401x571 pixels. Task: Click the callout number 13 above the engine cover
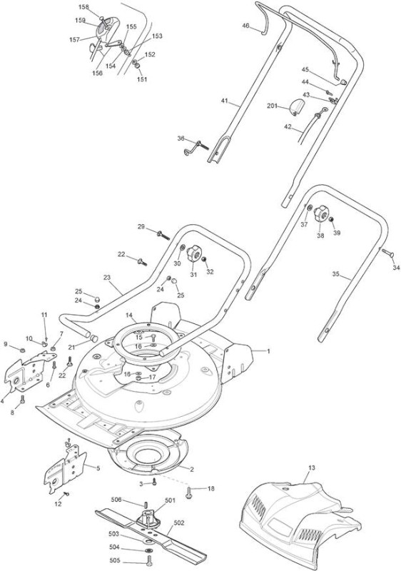(312, 468)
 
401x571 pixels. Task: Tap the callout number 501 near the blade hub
(170, 500)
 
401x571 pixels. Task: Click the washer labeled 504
(149, 550)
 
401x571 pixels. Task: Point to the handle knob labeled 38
(321, 213)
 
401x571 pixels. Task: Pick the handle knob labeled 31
(193, 253)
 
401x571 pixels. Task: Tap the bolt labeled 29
(163, 235)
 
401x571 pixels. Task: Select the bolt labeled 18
(189, 494)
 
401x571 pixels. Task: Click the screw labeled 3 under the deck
(154, 482)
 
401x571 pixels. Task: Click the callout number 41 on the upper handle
(225, 101)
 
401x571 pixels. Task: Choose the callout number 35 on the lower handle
(335, 274)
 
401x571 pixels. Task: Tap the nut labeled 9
(22, 350)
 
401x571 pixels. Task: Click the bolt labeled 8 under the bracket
(23, 399)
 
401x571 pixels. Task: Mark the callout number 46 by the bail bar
(246, 26)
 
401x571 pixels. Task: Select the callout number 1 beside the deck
(268, 351)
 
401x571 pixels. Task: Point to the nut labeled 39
(332, 220)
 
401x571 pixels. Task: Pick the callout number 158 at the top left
(84, 7)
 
